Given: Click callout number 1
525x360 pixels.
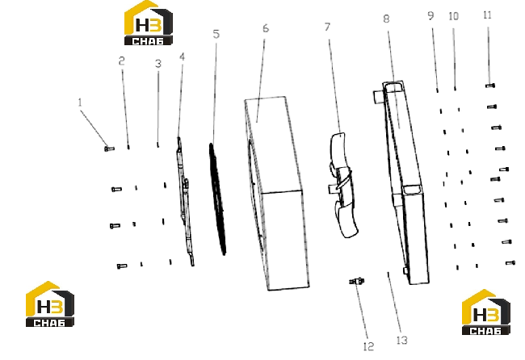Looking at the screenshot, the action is (x=80, y=103).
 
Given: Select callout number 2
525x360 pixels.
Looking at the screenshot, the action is (x=121, y=61).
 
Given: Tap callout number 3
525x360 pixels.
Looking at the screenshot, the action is (x=158, y=64).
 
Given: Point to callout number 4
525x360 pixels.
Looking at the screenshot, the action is (x=183, y=57).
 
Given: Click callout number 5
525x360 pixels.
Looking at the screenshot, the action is (x=216, y=34).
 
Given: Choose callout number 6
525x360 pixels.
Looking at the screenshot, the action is (x=266, y=28).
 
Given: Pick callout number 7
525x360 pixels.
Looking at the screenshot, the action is (x=327, y=27).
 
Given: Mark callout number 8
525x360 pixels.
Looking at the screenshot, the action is (x=386, y=19).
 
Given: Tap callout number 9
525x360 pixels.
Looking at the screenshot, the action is (x=431, y=15).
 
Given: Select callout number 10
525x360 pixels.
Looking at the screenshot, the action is (x=453, y=16).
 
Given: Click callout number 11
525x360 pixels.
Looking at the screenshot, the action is (x=487, y=15).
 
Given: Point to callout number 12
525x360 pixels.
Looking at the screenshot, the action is (x=368, y=346).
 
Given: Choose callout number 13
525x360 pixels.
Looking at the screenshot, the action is (x=402, y=341).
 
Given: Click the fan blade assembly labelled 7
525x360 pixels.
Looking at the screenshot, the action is (x=342, y=185).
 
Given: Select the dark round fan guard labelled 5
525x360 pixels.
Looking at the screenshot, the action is (x=217, y=199).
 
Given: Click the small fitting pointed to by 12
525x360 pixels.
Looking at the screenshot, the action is (x=357, y=281).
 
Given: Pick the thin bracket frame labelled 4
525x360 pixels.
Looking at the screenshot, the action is (x=185, y=201).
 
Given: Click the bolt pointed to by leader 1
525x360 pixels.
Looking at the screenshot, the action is (x=110, y=149).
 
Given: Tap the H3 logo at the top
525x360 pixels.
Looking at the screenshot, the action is (x=149, y=23).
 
